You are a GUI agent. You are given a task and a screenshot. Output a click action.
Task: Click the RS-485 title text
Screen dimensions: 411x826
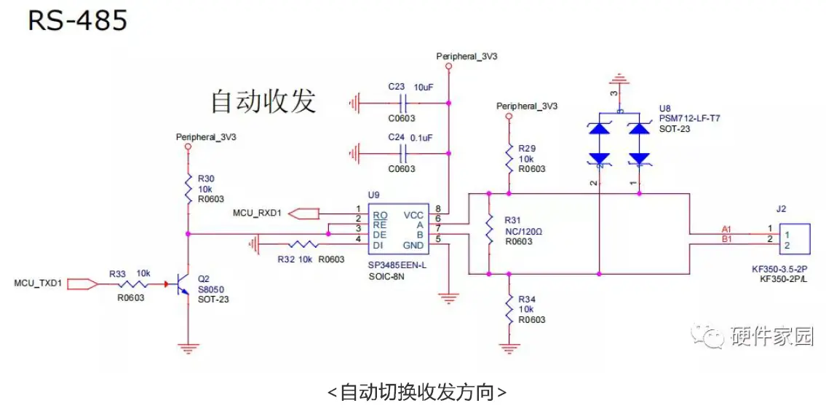coord(77,20)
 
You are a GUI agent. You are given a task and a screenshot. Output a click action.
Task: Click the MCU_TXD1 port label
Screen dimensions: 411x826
coord(39,282)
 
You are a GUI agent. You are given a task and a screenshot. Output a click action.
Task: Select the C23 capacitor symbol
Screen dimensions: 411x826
coord(402,103)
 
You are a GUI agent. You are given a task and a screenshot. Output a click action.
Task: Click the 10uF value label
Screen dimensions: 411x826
coord(424,87)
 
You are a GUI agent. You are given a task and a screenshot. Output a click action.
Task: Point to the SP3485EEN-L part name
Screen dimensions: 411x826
coord(397,265)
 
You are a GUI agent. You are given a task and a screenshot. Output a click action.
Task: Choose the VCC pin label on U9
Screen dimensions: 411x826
coord(413,215)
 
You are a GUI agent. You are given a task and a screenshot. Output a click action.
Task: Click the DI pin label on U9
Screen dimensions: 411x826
coord(378,245)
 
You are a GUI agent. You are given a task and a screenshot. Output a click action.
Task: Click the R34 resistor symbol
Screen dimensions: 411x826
coord(508,309)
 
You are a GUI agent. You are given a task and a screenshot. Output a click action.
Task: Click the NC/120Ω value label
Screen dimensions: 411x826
coord(524,231)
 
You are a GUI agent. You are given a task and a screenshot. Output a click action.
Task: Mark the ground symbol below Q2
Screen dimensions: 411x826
coord(188,348)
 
